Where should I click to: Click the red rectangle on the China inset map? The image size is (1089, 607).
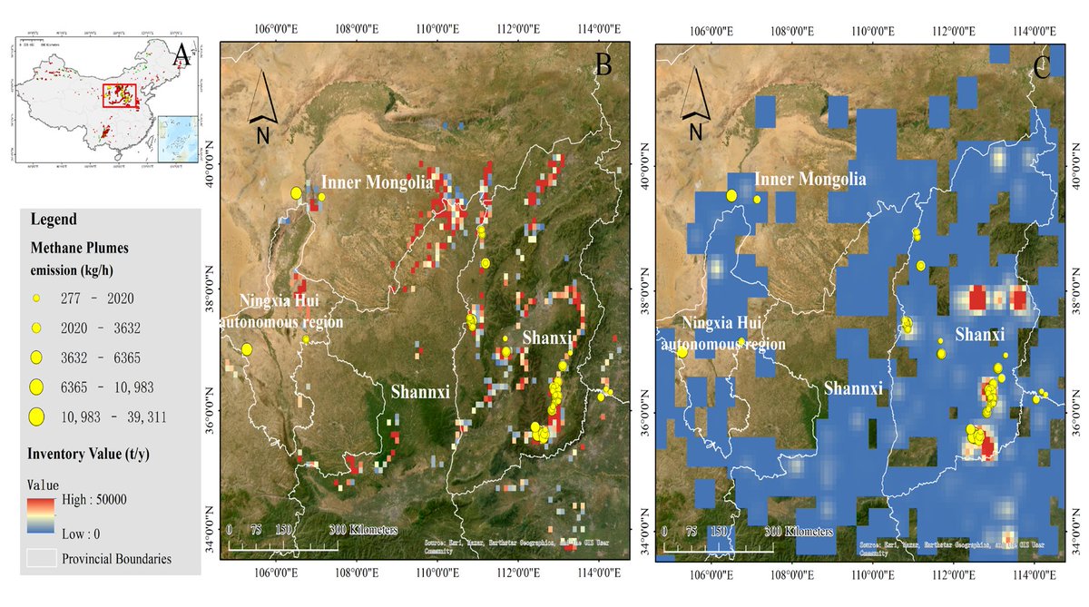(x=119, y=95)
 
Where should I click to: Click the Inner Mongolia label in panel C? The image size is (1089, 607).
(x=810, y=180)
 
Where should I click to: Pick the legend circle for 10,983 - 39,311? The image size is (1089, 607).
(x=37, y=416)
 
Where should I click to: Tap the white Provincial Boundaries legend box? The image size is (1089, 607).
(x=39, y=558)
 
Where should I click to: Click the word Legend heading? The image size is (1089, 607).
(x=54, y=220)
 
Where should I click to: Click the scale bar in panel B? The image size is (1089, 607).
(x=282, y=545)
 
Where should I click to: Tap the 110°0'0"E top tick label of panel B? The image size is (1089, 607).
(x=438, y=29)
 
